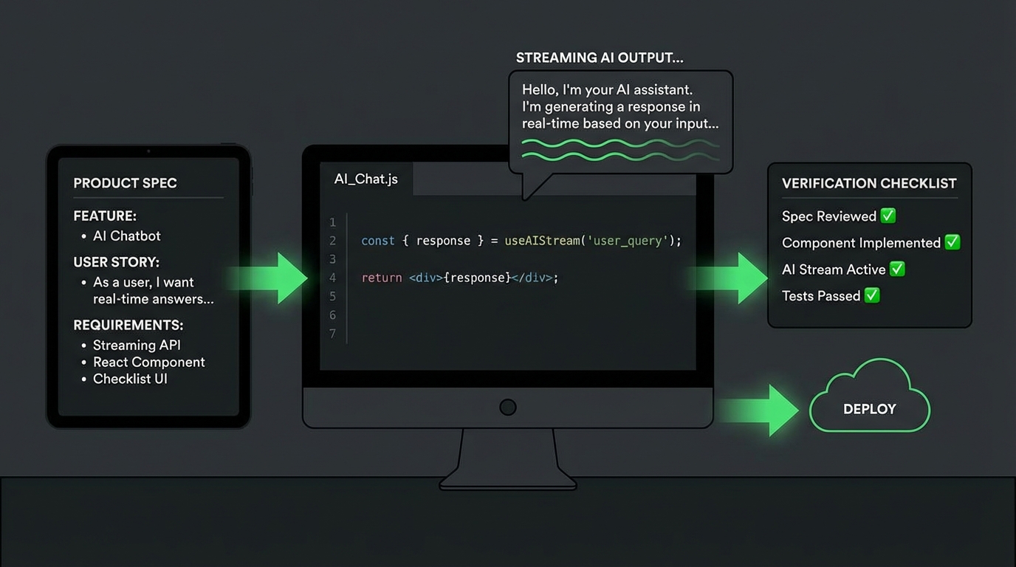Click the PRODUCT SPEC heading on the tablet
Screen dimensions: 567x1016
click(125, 183)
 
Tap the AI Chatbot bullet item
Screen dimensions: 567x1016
click(126, 236)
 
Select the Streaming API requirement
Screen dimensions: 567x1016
click(137, 345)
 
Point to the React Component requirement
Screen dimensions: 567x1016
click(148, 362)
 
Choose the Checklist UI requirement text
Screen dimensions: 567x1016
click(130, 379)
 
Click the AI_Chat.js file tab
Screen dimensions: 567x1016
click(366, 179)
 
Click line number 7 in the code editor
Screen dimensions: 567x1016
click(332, 334)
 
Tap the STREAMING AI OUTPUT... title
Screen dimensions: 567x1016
click(599, 58)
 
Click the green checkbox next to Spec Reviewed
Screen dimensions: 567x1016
click(888, 216)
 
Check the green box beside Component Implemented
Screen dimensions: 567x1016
click(952, 242)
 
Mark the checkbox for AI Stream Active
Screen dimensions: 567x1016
click(897, 269)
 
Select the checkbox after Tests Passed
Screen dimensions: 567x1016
click(872, 295)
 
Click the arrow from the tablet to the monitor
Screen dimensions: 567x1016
click(273, 278)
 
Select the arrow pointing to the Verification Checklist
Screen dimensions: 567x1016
click(735, 278)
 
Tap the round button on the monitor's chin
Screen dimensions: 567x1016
click(508, 407)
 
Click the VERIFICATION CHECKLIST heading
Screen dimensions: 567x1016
click(869, 183)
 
